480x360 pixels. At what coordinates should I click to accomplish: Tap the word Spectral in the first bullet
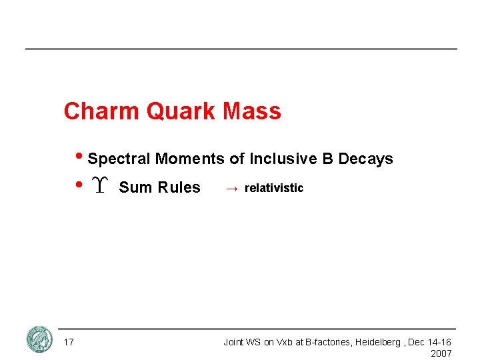[119, 159]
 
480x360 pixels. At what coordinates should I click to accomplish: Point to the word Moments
[190, 159]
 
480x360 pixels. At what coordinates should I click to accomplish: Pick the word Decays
[365, 159]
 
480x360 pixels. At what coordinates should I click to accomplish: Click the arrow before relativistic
[231, 189]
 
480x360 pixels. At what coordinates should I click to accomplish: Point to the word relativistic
[274, 188]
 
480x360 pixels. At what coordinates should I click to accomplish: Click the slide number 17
[69, 342]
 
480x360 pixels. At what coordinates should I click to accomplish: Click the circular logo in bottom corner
[39, 339]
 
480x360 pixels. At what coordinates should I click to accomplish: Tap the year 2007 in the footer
[441, 353]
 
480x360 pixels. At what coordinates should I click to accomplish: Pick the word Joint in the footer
[234, 342]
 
